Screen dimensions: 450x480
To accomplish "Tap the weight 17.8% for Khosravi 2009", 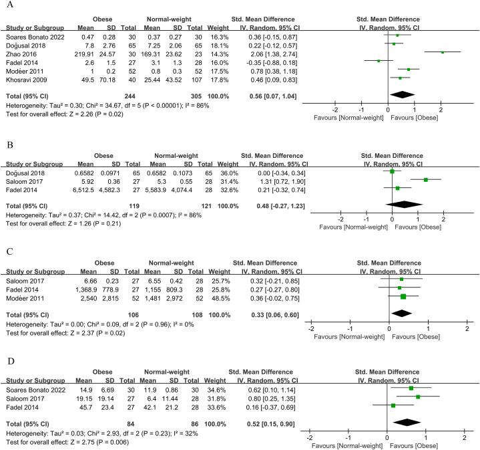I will coord(215,77).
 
